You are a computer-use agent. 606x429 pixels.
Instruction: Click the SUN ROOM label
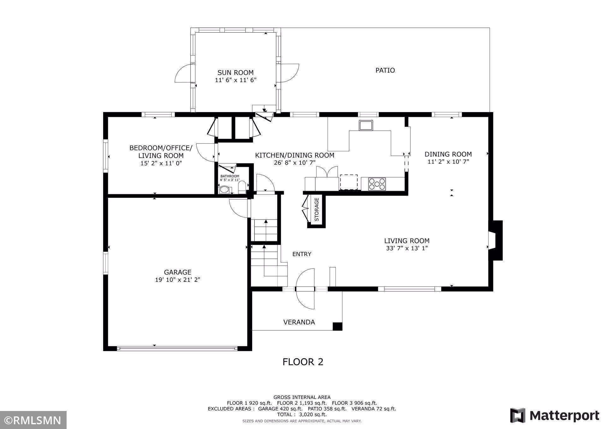[x=235, y=73]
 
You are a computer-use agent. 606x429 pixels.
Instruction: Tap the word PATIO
[x=385, y=70]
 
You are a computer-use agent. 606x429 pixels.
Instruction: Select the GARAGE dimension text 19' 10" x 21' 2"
[x=178, y=280]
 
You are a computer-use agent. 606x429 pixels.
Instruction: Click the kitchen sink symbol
[x=366, y=125]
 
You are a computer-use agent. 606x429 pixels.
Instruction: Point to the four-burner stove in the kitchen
[x=377, y=184]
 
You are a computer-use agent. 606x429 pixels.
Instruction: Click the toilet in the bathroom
[x=242, y=187]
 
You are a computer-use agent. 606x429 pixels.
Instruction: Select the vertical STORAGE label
[x=317, y=209]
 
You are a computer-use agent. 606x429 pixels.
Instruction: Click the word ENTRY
[x=302, y=254]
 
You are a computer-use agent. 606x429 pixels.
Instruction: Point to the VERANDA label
[x=299, y=322]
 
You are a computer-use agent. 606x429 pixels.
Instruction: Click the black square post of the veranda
[x=337, y=326]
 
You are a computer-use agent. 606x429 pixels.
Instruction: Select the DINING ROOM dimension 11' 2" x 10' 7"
[x=448, y=162]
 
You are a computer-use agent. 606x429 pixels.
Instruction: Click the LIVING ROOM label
[x=407, y=241]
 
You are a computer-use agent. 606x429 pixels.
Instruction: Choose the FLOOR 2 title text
[x=303, y=362]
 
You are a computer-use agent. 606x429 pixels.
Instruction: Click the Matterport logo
[x=555, y=415]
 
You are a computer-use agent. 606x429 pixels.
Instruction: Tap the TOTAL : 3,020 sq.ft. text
[x=302, y=414]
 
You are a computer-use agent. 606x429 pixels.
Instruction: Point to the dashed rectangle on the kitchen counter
[x=349, y=182]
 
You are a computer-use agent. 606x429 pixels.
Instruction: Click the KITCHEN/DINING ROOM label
[x=294, y=155]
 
